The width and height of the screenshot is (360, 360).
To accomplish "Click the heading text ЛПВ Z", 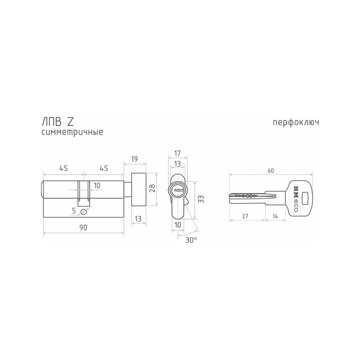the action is (x=58, y=122).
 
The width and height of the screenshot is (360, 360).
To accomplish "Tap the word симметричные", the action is (x=72, y=132).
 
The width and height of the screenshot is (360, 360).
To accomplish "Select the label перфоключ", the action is (x=296, y=123).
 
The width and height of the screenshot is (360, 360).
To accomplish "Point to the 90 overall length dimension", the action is (x=84, y=228).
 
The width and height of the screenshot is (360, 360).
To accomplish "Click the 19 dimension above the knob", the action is (x=134, y=159).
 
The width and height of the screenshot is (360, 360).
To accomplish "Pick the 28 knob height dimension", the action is (x=153, y=188).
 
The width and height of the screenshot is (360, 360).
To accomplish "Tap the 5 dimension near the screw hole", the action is (x=74, y=211).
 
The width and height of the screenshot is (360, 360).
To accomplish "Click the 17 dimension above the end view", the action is (x=177, y=153).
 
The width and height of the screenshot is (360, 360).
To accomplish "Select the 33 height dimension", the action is (x=201, y=199).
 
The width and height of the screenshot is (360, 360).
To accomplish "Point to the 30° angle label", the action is (x=191, y=240).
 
